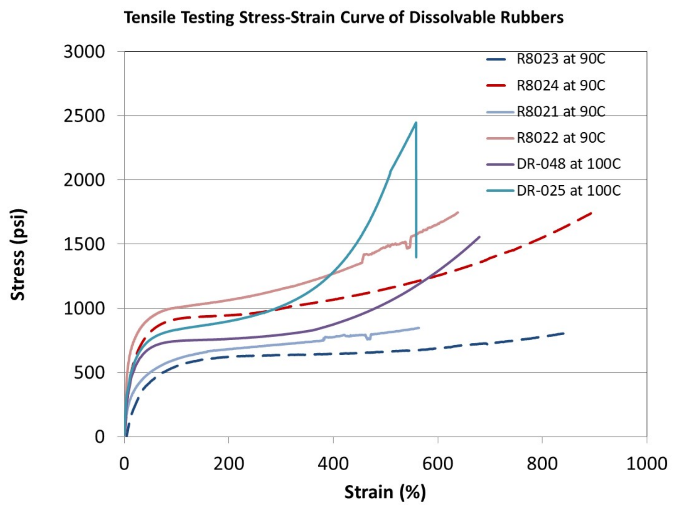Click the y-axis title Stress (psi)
pyautogui.click(x=18, y=255)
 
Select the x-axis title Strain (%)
pyautogui.click(x=385, y=492)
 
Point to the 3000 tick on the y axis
pyautogui.click(x=84, y=52)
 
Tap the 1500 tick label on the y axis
pyautogui.click(x=84, y=244)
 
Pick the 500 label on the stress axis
pyautogui.click(x=89, y=373)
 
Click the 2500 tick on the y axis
pyautogui.click(x=84, y=116)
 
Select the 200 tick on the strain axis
pyautogui.click(x=228, y=464)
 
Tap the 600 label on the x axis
pyautogui.click(x=438, y=464)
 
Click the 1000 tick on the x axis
pyautogui.click(x=646, y=464)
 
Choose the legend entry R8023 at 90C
pyautogui.click(x=546, y=59)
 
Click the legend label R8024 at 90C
pyautogui.click(x=546, y=85)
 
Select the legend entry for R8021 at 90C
pyautogui.click(x=546, y=111)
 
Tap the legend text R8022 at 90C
pyautogui.click(x=546, y=138)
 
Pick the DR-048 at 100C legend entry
pyautogui.click(x=553, y=164)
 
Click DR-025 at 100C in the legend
pyautogui.click(x=553, y=190)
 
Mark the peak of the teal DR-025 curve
pyautogui.click(x=416, y=122)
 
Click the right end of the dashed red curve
pyautogui.click(x=591, y=213)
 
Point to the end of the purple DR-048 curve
pyautogui.click(x=479, y=237)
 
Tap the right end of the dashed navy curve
pyautogui.click(x=564, y=333)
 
